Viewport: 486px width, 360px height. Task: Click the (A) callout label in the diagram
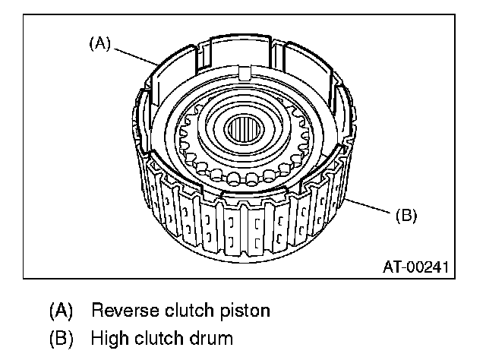click(x=99, y=44)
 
